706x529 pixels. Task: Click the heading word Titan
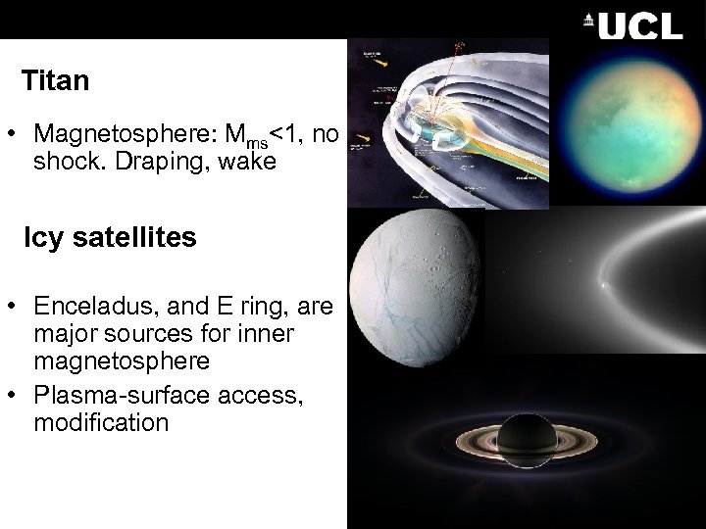(55, 80)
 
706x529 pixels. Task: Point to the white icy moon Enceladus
(417, 294)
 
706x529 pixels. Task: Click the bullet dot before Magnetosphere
(20, 134)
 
